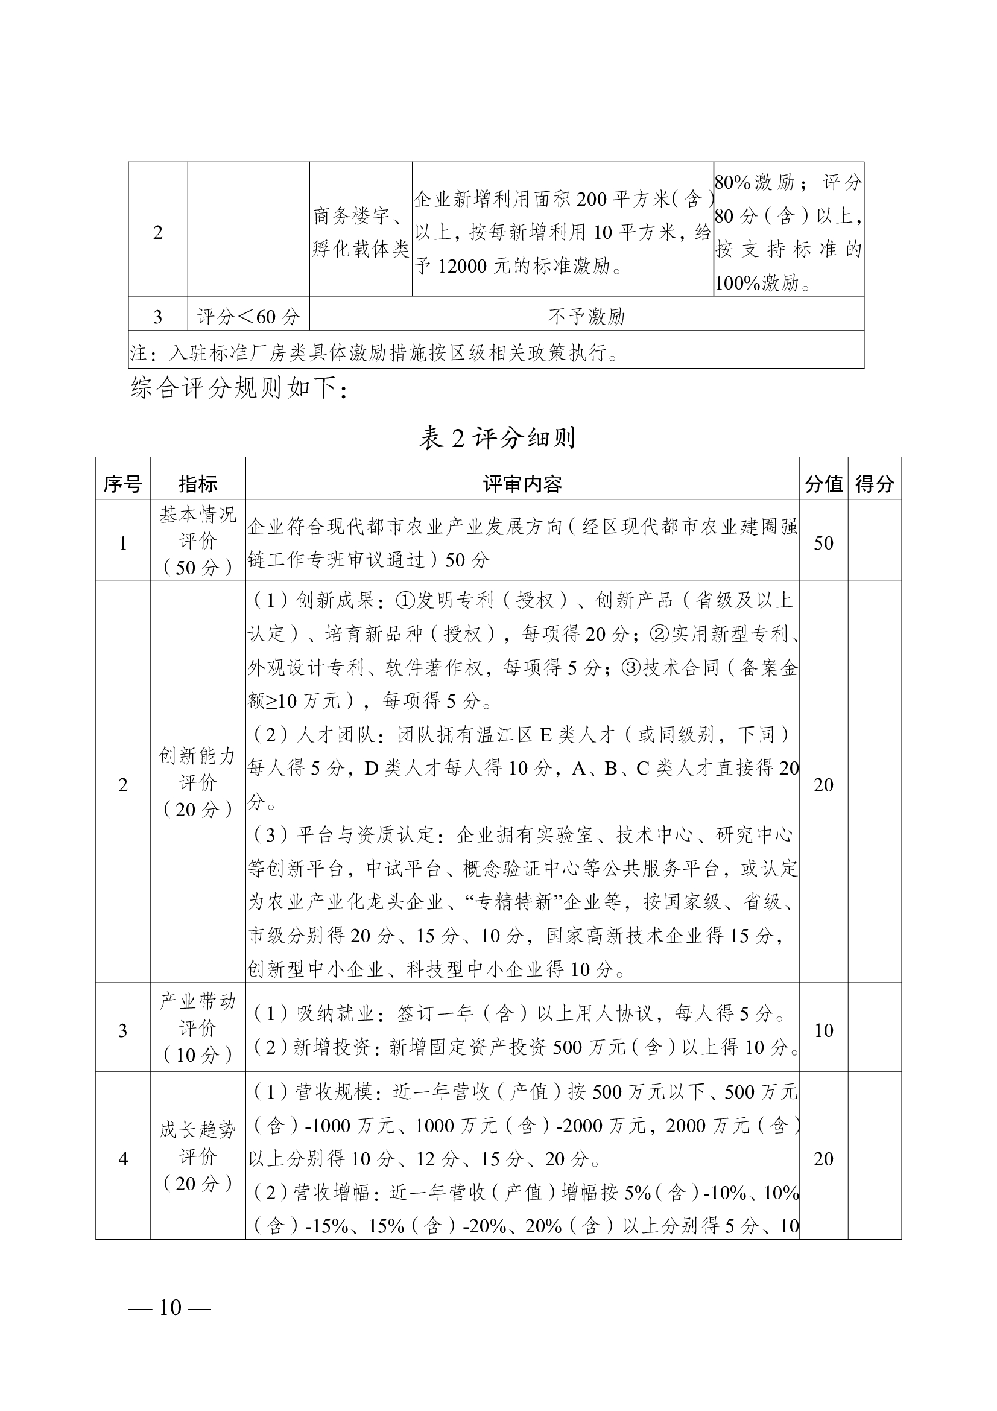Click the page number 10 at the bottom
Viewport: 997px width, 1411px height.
[169, 1307]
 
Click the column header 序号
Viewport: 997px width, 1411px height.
[122, 484]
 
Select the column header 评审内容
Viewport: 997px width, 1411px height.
[522, 484]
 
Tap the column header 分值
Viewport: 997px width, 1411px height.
[823, 484]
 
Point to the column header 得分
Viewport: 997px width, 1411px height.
[874, 484]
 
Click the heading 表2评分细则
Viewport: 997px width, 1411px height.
[497, 437]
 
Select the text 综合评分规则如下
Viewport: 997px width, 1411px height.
[239, 388]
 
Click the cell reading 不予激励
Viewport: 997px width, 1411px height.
[586, 317]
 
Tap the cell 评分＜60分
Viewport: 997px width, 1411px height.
[248, 317]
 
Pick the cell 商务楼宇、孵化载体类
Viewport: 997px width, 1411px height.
[361, 232]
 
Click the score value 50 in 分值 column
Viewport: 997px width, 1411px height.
[823, 543]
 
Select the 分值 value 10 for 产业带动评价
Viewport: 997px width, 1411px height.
[823, 1030]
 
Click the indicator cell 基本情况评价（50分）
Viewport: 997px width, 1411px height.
[197, 541]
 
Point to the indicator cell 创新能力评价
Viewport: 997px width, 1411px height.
[197, 782]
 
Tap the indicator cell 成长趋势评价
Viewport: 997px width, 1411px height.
[197, 1156]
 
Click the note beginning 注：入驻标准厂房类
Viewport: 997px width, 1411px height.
[375, 353]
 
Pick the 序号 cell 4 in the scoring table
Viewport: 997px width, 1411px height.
[122, 1158]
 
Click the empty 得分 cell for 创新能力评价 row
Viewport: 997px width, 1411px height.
[874, 784]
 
